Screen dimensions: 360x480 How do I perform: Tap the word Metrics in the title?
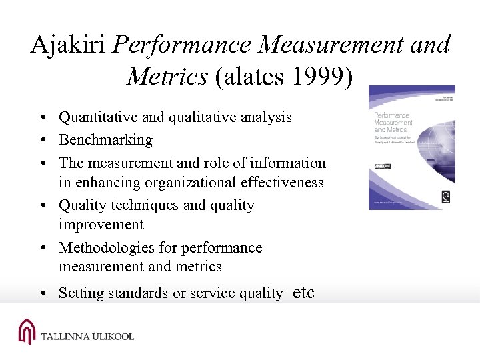click(x=167, y=76)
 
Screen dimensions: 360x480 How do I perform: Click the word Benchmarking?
click(x=105, y=140)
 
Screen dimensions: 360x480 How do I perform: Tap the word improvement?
click(x=101, y=224)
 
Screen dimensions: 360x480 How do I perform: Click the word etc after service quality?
click(x=304, y=292)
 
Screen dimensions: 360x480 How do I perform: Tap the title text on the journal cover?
click(x=393, y=123)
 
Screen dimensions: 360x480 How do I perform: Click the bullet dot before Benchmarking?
click(x=42, y=141)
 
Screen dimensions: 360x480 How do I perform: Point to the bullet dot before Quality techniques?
click(x=42, y=206)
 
